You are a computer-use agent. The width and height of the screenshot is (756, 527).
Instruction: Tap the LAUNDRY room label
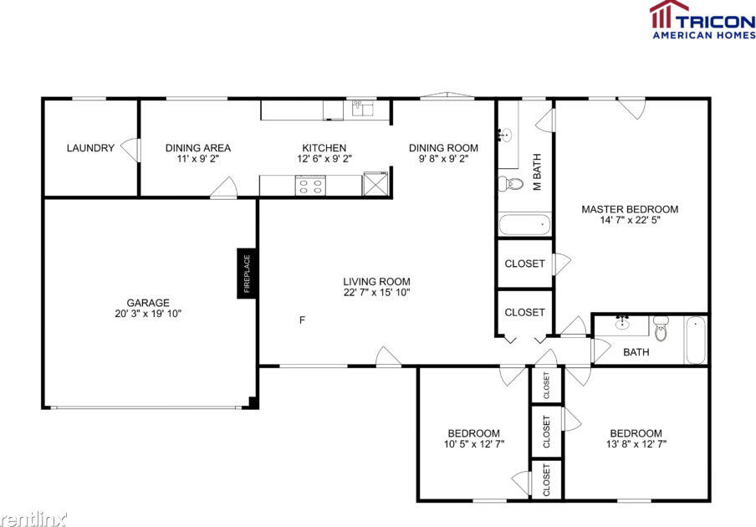coord(90,148)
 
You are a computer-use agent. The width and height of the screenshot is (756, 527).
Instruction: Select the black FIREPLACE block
coord(247,274)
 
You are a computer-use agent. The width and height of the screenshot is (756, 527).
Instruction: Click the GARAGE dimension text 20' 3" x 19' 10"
coord(148,314)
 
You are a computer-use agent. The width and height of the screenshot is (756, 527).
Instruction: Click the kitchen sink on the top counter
coord(362,107)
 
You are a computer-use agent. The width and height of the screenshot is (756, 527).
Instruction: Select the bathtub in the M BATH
coord(524,224)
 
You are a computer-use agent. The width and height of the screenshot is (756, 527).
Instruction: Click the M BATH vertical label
coord(538,172)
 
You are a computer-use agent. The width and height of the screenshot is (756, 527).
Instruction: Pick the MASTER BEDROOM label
coord(630,209)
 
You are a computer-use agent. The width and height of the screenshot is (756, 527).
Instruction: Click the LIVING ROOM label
coord(376,282)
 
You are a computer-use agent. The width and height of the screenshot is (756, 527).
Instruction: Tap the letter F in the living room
coord(302,320)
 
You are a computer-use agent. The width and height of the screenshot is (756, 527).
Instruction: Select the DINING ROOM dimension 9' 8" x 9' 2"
coord(443,158)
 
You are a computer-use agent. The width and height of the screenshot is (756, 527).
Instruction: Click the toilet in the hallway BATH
coord(661,330)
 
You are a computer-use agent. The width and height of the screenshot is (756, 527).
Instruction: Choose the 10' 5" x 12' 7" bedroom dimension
coord(473,444)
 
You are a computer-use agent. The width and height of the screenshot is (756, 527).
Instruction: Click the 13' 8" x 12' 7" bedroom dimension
coord(636,444)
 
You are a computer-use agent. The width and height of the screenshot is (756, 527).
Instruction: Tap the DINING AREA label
coord(198,148)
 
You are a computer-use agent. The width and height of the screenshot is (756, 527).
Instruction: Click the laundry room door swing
coord(130,149)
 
